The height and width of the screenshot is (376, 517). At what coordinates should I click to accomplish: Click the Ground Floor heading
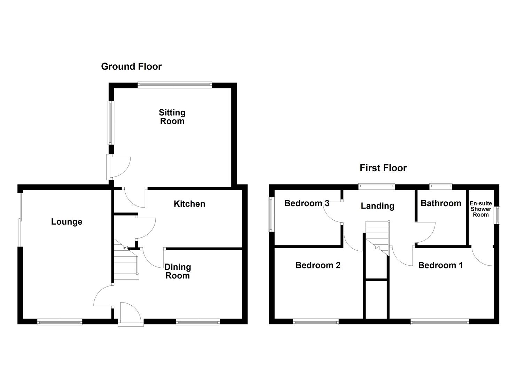point(131,66)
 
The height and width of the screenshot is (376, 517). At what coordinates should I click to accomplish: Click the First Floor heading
point(383,168)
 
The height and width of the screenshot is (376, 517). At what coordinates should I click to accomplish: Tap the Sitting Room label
point(172,117)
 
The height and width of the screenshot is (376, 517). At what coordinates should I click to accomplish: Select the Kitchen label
point(189,204)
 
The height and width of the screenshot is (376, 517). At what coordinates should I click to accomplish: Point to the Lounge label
point(66,222)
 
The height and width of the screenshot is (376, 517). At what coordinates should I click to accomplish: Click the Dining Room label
point(178,271)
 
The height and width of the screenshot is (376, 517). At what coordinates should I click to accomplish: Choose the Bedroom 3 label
point(307,203)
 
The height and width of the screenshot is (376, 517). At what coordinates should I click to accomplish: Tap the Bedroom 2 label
point(318,265)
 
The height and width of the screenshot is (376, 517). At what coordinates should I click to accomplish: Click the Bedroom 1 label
point(440,265)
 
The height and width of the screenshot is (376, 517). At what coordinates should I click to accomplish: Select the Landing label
point(377,206)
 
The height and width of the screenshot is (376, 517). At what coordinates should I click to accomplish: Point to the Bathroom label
point(441,203)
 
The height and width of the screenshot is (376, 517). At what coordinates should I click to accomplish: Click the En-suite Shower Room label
point(480,209)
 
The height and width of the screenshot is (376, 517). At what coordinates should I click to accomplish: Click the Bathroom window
point(440,186)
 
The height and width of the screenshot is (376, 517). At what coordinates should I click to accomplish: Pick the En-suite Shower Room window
point(498,215)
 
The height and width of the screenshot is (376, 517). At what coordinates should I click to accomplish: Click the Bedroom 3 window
point(271,214)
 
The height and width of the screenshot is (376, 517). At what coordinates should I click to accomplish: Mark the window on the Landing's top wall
point(377,186)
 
